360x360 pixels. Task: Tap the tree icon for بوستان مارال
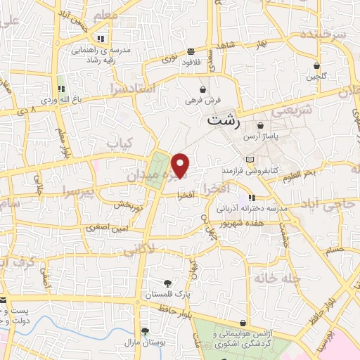pos(144,330)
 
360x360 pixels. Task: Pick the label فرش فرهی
pos(201,100)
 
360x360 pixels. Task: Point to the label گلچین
pos(316,77)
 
